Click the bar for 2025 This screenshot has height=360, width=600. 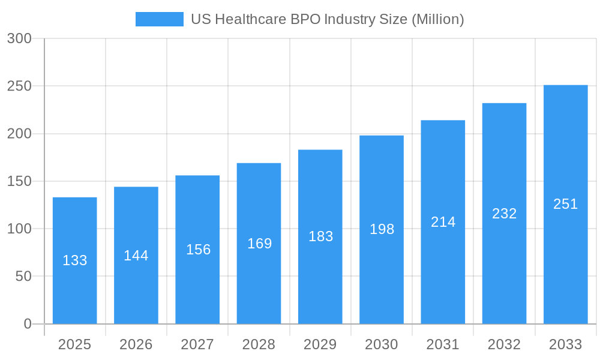coord(74,261)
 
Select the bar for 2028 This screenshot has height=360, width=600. coord(259,243)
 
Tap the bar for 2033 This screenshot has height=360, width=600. coord(565,204)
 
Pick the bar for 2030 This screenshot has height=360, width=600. coord(382,229)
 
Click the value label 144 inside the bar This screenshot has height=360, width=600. coord(136,256)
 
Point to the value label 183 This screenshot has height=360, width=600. coord(320,236)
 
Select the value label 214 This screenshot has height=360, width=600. coord(443,222)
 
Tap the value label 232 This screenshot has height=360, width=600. coord(504,214)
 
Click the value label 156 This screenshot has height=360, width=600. coord(198,250)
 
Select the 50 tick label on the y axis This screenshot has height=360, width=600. coord(22,277)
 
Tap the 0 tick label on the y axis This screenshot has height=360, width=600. coord(27,324)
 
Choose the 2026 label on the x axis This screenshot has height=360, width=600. coord(136,344)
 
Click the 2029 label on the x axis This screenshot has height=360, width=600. coord(320,344)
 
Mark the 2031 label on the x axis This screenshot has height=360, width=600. coord(443,344)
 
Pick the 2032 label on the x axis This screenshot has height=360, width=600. coord(504,344)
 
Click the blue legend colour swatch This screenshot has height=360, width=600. coord(160,19)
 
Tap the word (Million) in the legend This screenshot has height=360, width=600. coord(437,19)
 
